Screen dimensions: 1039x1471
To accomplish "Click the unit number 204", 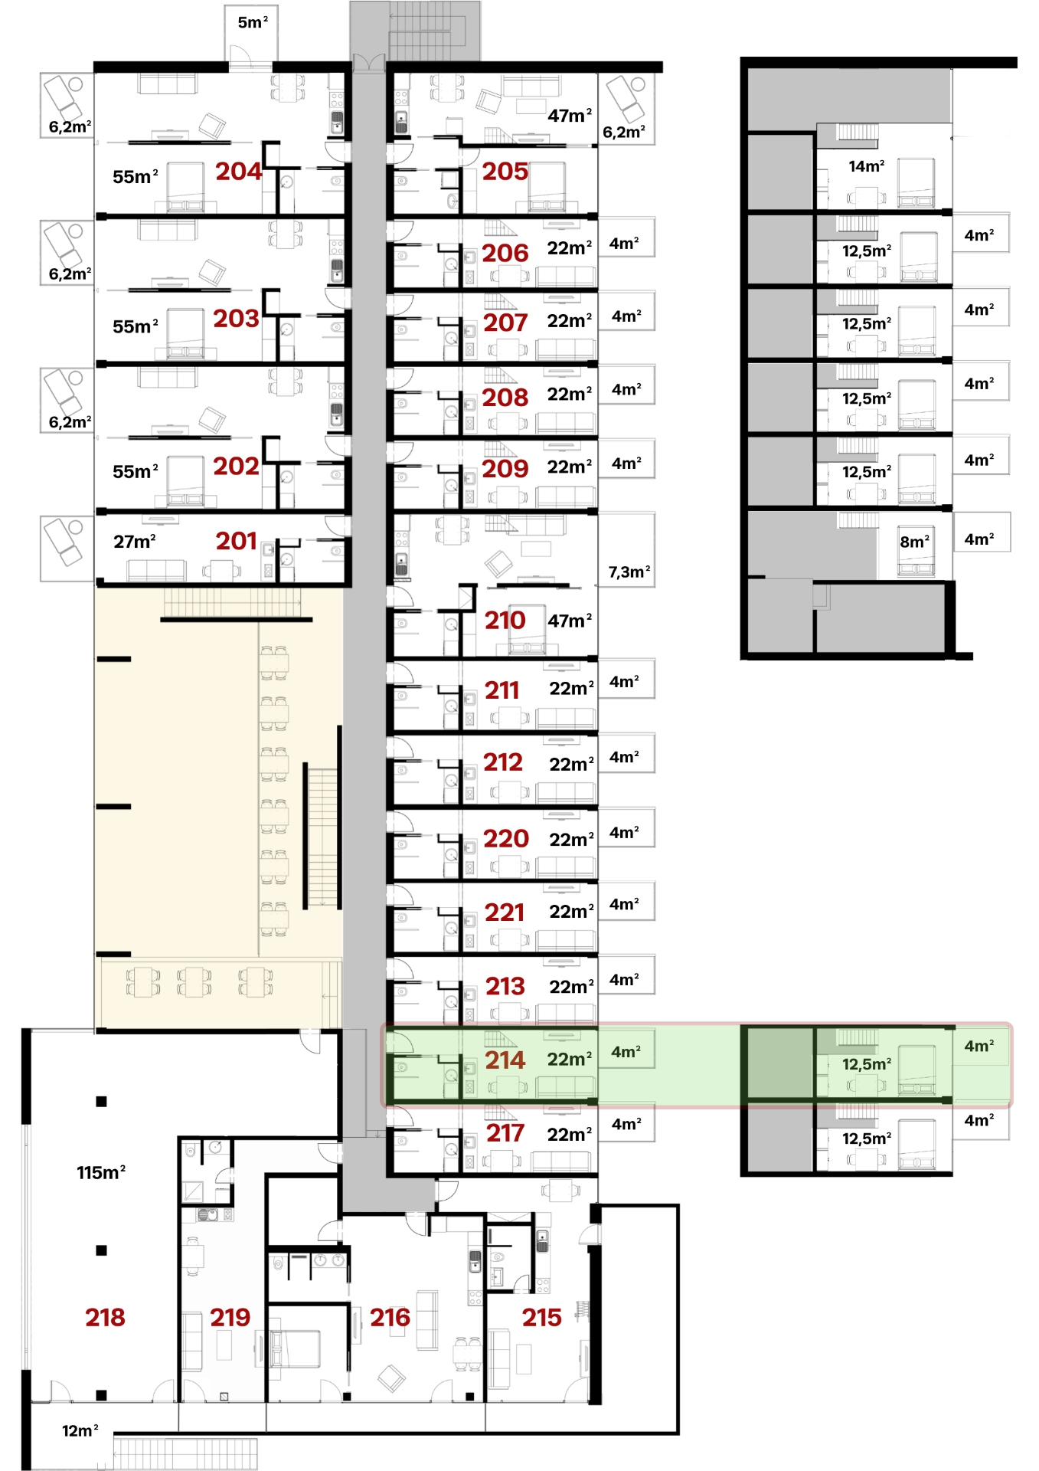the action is click(x=238, y=172).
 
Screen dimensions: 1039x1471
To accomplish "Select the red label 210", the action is click(x=505, y=621).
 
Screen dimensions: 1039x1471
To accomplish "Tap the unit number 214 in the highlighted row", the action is click(x=505, y=1060).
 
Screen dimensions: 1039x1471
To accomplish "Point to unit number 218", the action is click(x=105, y=1317).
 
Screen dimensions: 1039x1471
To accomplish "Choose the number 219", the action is click(x=230, y=1317).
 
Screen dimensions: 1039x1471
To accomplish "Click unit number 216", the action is click(x=390, y=1317).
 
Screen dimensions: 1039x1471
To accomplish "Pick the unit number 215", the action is click(x=542, y=1317).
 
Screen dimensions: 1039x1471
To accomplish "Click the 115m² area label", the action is click(x=101, y=1172).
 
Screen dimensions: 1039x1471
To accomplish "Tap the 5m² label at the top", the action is click(x=253, y=22).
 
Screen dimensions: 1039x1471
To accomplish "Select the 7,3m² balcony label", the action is click(x=629, y=572).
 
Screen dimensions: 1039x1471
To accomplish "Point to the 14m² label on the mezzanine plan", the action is click(x=867, y=165).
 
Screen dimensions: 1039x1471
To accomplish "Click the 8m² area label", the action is click(x=915, y=541).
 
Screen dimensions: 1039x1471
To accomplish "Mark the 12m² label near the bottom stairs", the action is click(x=80, y=1430).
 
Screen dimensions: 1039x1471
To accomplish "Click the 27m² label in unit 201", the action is click(x=135, y=541).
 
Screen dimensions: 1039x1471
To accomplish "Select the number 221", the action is click(x=505, y=912).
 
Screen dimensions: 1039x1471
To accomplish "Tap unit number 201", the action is click(x=237, y=541).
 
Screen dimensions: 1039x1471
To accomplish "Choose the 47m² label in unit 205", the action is click(x=570, y=115).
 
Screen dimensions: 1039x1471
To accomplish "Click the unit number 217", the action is click(x=505, y=1133).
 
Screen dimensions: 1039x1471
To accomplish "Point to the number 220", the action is click(x=506, y=838).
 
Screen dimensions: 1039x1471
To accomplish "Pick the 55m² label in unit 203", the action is click(x=136, y=326).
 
